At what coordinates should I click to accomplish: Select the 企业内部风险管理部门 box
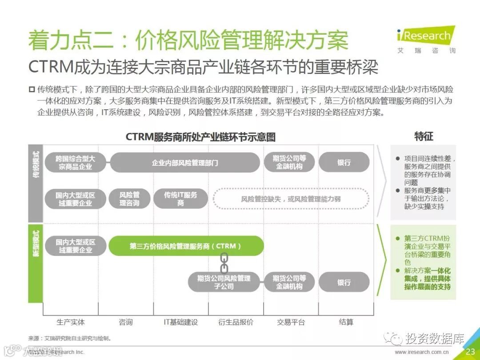pyautogui.click(x=185, y=163)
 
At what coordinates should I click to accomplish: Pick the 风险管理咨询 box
pyautogui.click(x=129, y=199)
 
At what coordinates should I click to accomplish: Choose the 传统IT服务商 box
pyautogui.click(x=180, y=199)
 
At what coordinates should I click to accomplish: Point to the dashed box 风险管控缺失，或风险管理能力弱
pyautogui.click(x=291, y=199)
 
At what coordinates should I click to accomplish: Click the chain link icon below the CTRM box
pyautogui.click(x=224, y=263)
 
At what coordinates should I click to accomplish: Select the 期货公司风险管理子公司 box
pyautogui.click(x=224, y=282)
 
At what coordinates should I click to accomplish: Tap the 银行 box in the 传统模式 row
pyautogui.click(x=344, y=163)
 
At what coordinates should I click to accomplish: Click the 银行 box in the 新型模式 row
pyautogui.click(x=344, y=282)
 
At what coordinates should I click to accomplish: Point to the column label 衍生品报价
pyautogui.click(x=236, y=322)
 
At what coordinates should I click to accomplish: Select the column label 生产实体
pyautogui.click(x=71, y=322)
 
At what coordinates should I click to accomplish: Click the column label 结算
pyautogui.click(x=346, y=322)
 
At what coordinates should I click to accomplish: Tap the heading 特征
pyautogui.click(x=424, y=136)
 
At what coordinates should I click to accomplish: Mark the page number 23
pyautogui.click(x=470, y=352)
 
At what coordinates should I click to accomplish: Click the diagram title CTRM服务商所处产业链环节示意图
pyautogui.click(x=200, y=136)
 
